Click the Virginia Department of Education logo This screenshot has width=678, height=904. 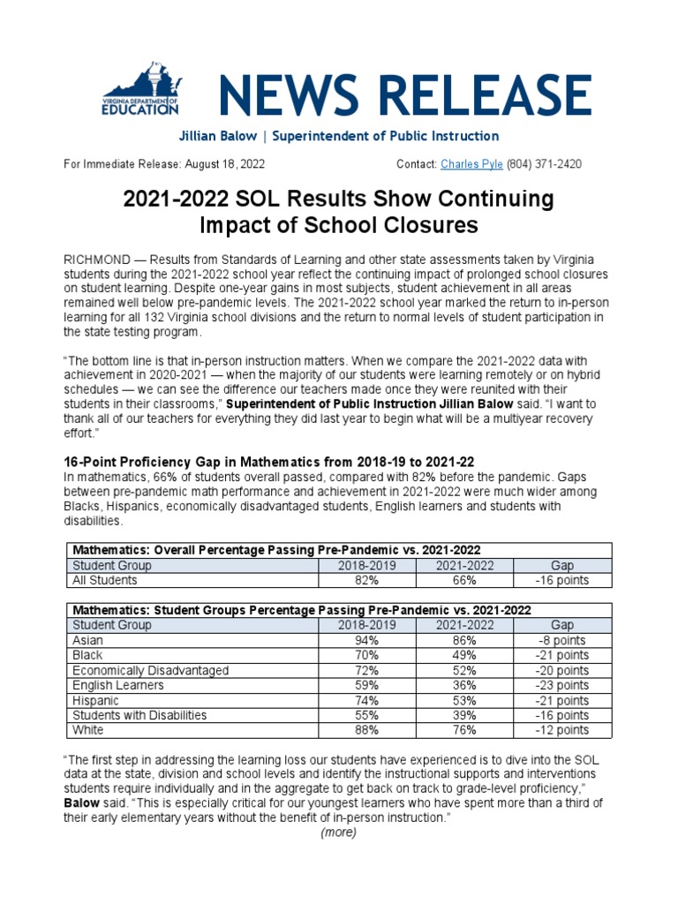[140, 92]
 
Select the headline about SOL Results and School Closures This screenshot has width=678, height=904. [339, 212]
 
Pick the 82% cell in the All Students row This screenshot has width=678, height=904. [365, 580]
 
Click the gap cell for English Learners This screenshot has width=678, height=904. [562, 685]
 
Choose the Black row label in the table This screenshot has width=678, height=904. [87, 655]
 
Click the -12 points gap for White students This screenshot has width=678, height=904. [562, 730]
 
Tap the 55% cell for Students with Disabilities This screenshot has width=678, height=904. [365, 715]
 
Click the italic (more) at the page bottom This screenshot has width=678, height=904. [339, 832]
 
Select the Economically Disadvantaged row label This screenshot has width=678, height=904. [150, 670]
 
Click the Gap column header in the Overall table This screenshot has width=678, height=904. [562, 565]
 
